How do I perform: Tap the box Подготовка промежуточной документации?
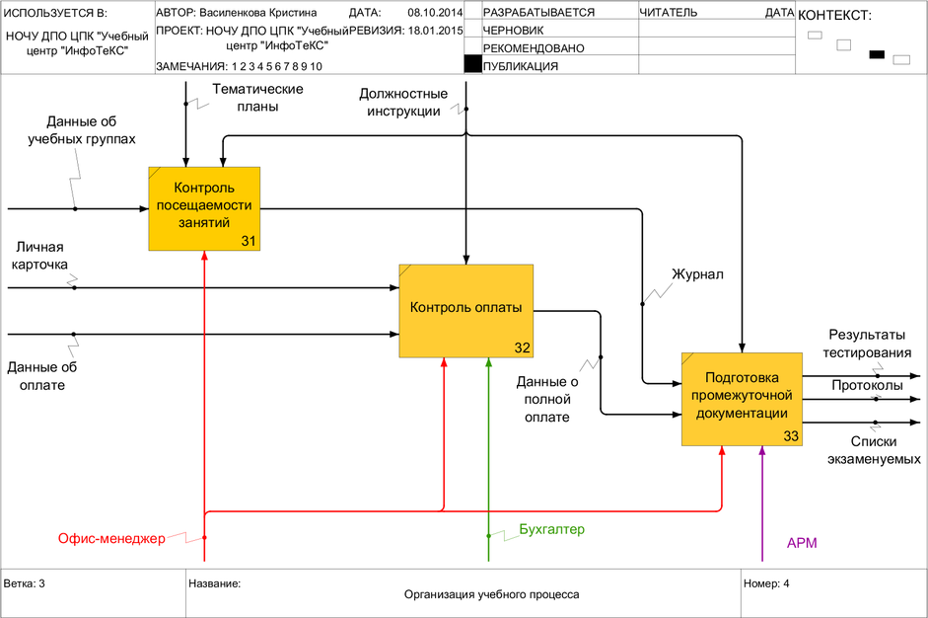(x=742, y=398)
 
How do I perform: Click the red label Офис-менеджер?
(x=110, y=538)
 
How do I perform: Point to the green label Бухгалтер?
(x=551, y=529)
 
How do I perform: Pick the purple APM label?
(x=802, y=543)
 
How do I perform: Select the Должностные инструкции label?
(x=404, y=102)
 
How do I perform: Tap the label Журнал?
(x=697, y=273)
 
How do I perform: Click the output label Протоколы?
(x=867, y=385)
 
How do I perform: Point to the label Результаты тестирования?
(x=869, y=344)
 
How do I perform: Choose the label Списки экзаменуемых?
(x=867, y=451)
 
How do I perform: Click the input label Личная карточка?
(x=39, y=257)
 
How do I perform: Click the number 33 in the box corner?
(x=791, y=435)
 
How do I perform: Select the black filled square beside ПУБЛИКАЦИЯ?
(x=472, y=66)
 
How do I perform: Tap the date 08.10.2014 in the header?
(x=435, y=13)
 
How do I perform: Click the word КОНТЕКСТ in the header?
(x=833, y=16)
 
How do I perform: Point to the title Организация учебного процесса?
(x=491, y=594)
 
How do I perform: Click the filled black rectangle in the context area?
(x=876, y=54)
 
